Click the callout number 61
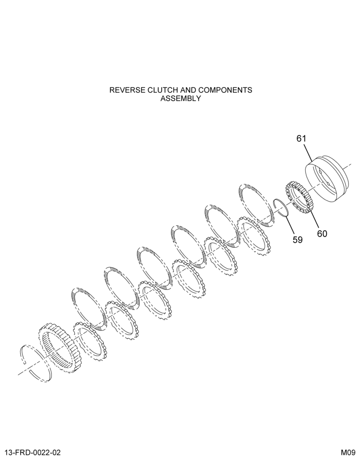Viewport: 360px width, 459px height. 301,139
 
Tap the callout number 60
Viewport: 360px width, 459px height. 322,234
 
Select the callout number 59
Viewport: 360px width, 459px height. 297,240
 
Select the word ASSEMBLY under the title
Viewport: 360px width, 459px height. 181,98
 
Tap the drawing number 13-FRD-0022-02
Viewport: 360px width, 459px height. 33,453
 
